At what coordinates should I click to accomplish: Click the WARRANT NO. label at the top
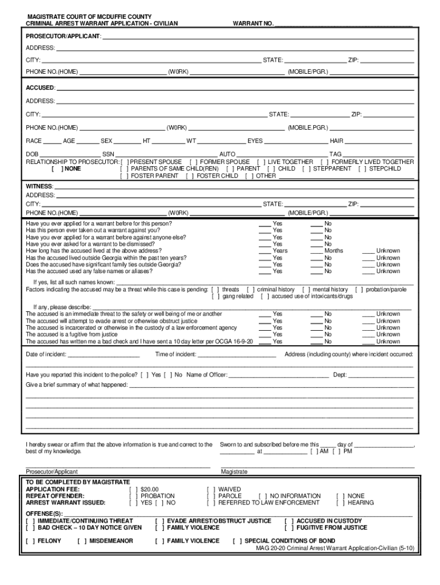(253, 24)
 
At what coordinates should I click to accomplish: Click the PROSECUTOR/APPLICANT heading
(63, 36)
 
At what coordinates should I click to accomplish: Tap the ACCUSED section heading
(40, 87)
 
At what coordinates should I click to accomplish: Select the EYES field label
(255, 141)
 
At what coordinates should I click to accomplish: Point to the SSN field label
(108, 154)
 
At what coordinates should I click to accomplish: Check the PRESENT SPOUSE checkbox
(125, 162)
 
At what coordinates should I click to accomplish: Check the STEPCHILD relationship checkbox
(362, 169)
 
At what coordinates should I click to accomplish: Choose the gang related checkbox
(215, 296)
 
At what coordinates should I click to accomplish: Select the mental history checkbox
(306, 290)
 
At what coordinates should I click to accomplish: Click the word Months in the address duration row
(334, 251)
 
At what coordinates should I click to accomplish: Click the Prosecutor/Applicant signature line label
(51, 472)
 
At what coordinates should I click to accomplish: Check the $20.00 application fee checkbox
(133, 490)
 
